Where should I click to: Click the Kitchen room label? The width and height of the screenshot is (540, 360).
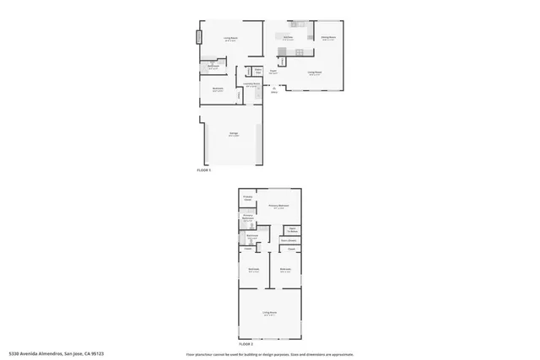pyautogui.click(x=288, y=37)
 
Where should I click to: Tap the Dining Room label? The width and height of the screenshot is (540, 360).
pyautogui.click(x=328, y=37)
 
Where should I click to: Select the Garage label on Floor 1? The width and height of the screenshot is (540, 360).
pyautogui.click(x=233, y=133)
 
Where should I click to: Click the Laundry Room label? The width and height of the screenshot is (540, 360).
pyautogui.click(x=251, y=84)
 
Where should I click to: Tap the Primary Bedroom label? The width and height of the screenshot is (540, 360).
pyautogui.click(x=278, y=206)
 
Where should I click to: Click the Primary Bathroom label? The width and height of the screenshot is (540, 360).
pyautogui.click(x=249, y=217)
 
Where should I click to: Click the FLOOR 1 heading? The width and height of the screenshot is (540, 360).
pyautogui.click(x=203, y=170)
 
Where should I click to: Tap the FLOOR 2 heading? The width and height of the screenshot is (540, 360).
pyautogui.click(x=246, y=344)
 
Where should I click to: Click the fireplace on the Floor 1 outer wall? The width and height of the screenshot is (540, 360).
pyautogui.click(x=200, y=38)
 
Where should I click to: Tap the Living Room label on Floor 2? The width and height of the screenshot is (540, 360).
pyautogui.click(x=270, y=313)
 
